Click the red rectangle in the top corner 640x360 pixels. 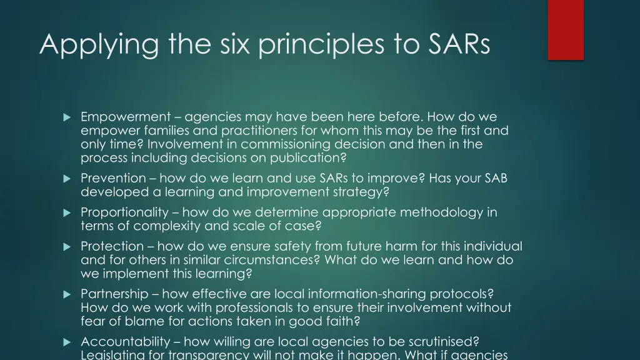566,29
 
